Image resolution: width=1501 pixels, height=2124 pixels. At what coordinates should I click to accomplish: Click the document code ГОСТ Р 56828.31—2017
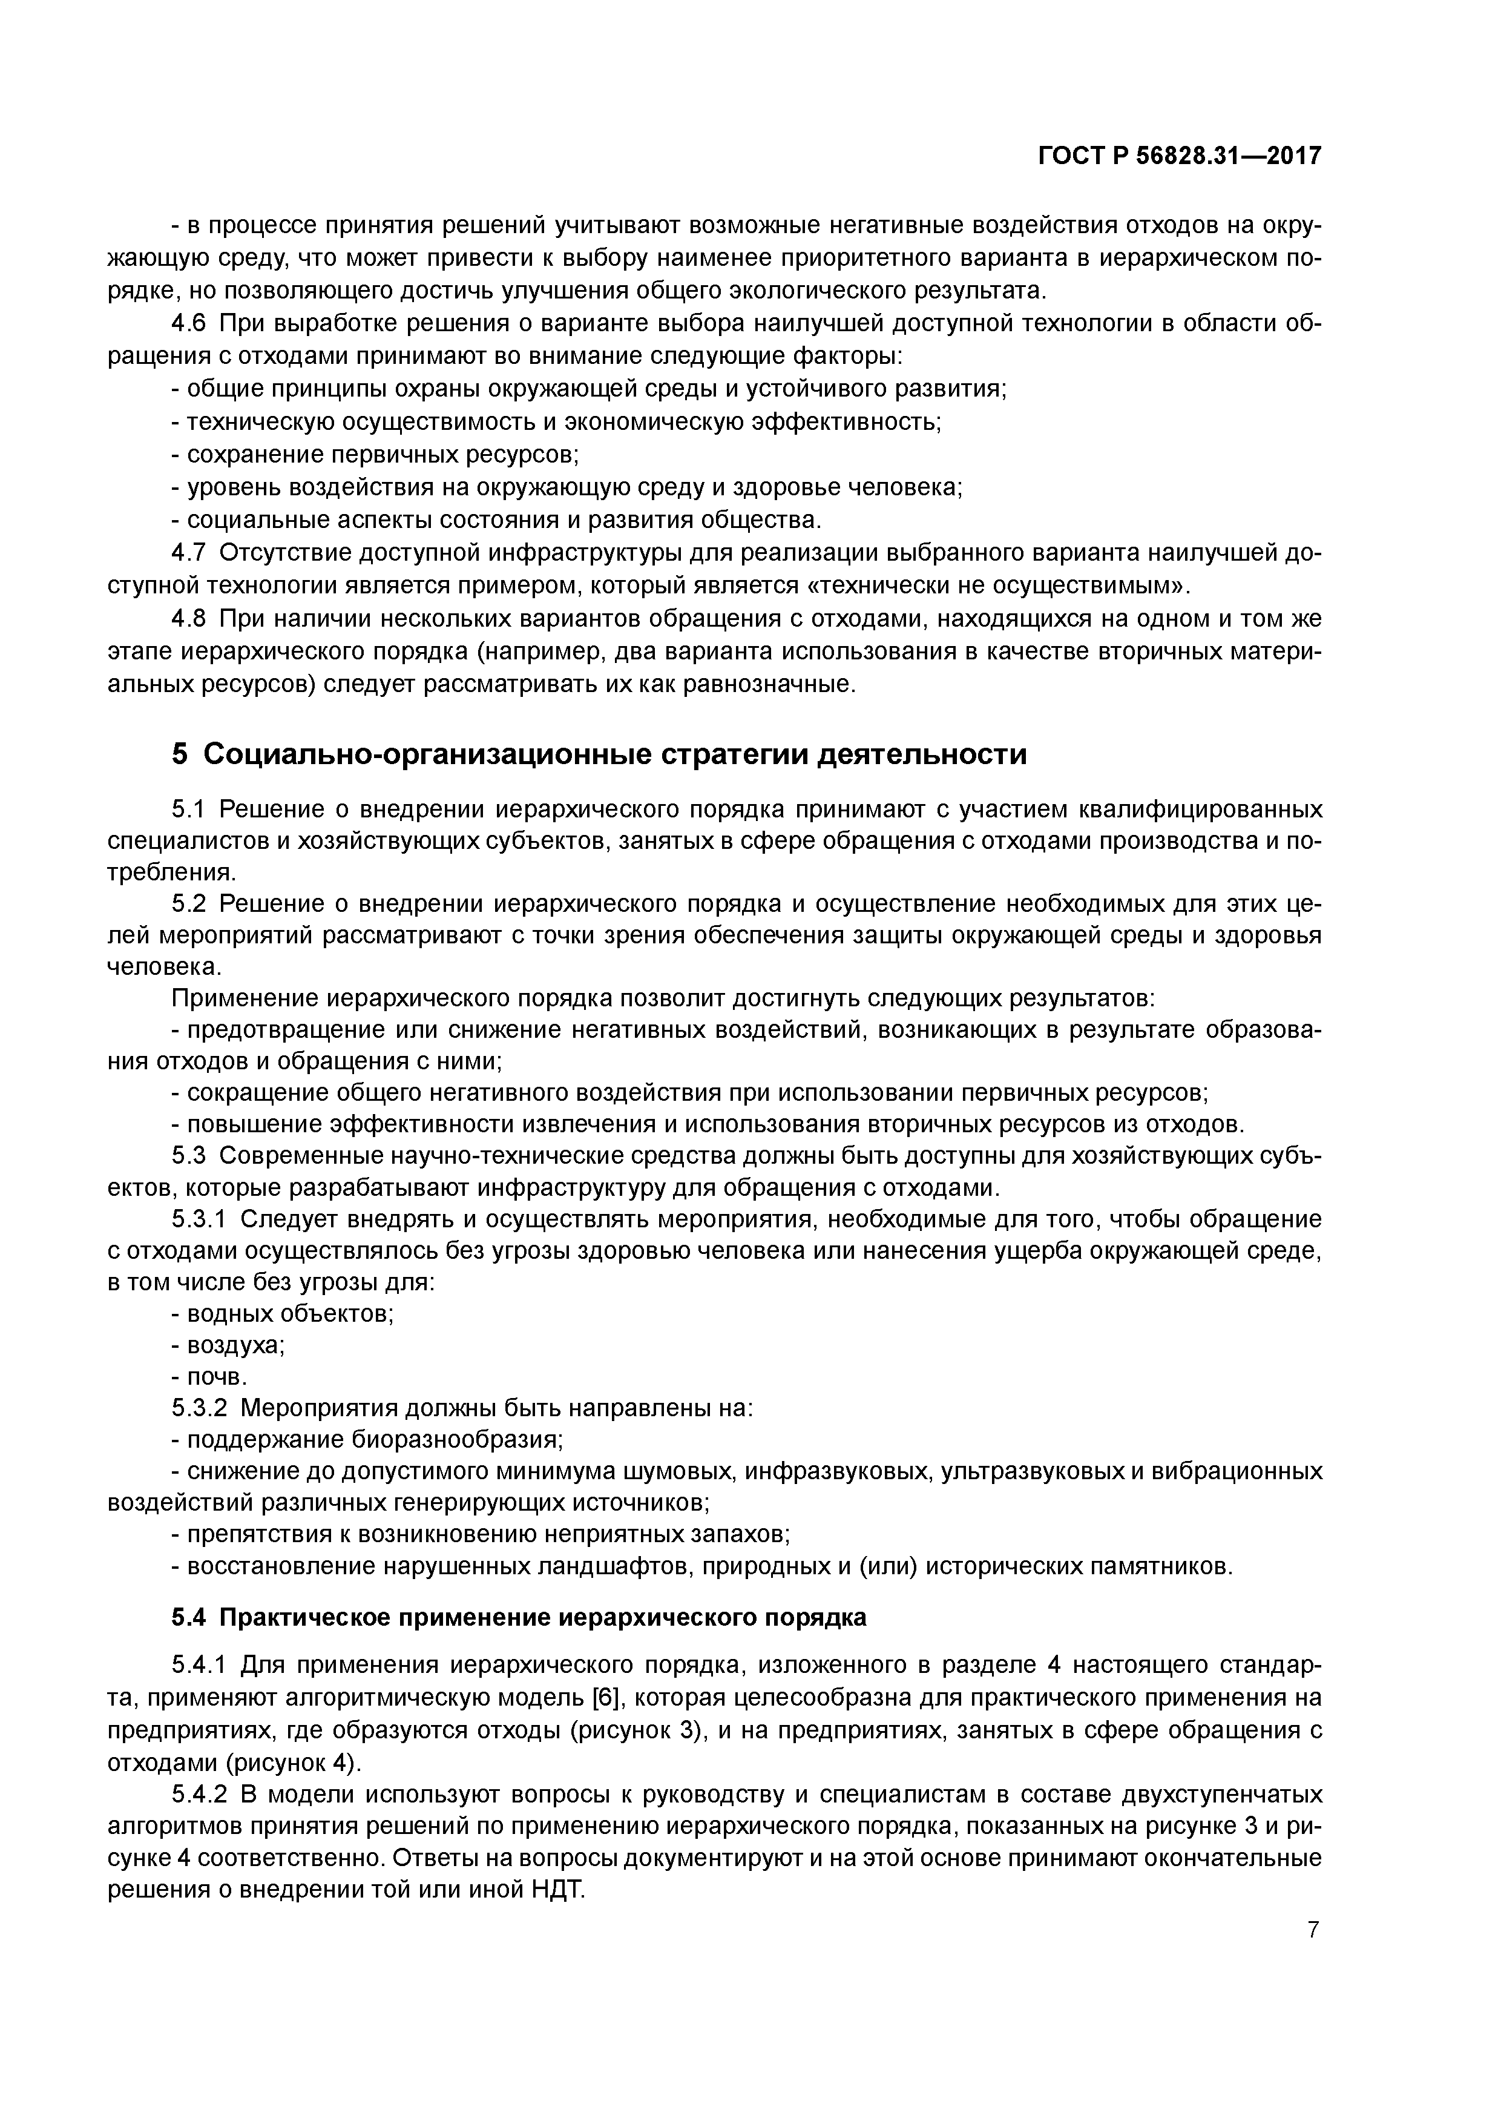1179,156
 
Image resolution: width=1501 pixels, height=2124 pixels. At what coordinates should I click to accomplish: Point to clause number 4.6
191,324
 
